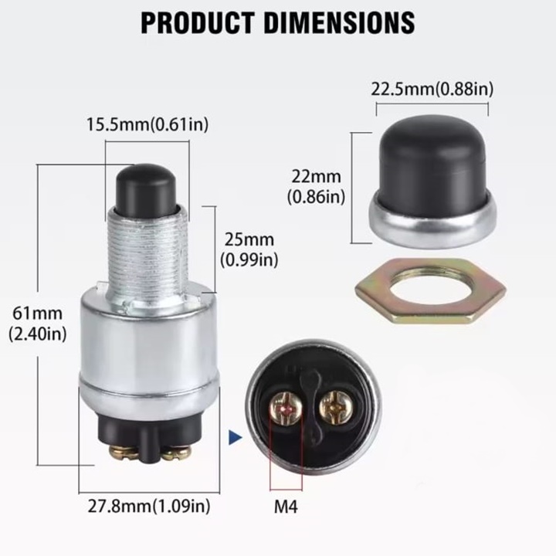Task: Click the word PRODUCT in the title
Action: click(x=198, y=22)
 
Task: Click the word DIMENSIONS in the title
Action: click(x=339, y=22)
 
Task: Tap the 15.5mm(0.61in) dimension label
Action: click(x=147, y=124)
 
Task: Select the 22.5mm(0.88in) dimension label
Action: click(x=432, y=89)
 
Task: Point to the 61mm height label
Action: click(x=38, y=314)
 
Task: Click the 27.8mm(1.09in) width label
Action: click(x=149, y=506)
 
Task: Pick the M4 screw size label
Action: click(x=286, y=507)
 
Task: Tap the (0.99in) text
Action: click(x=249, y=261)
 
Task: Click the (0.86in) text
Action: click(x=316, y=197)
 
